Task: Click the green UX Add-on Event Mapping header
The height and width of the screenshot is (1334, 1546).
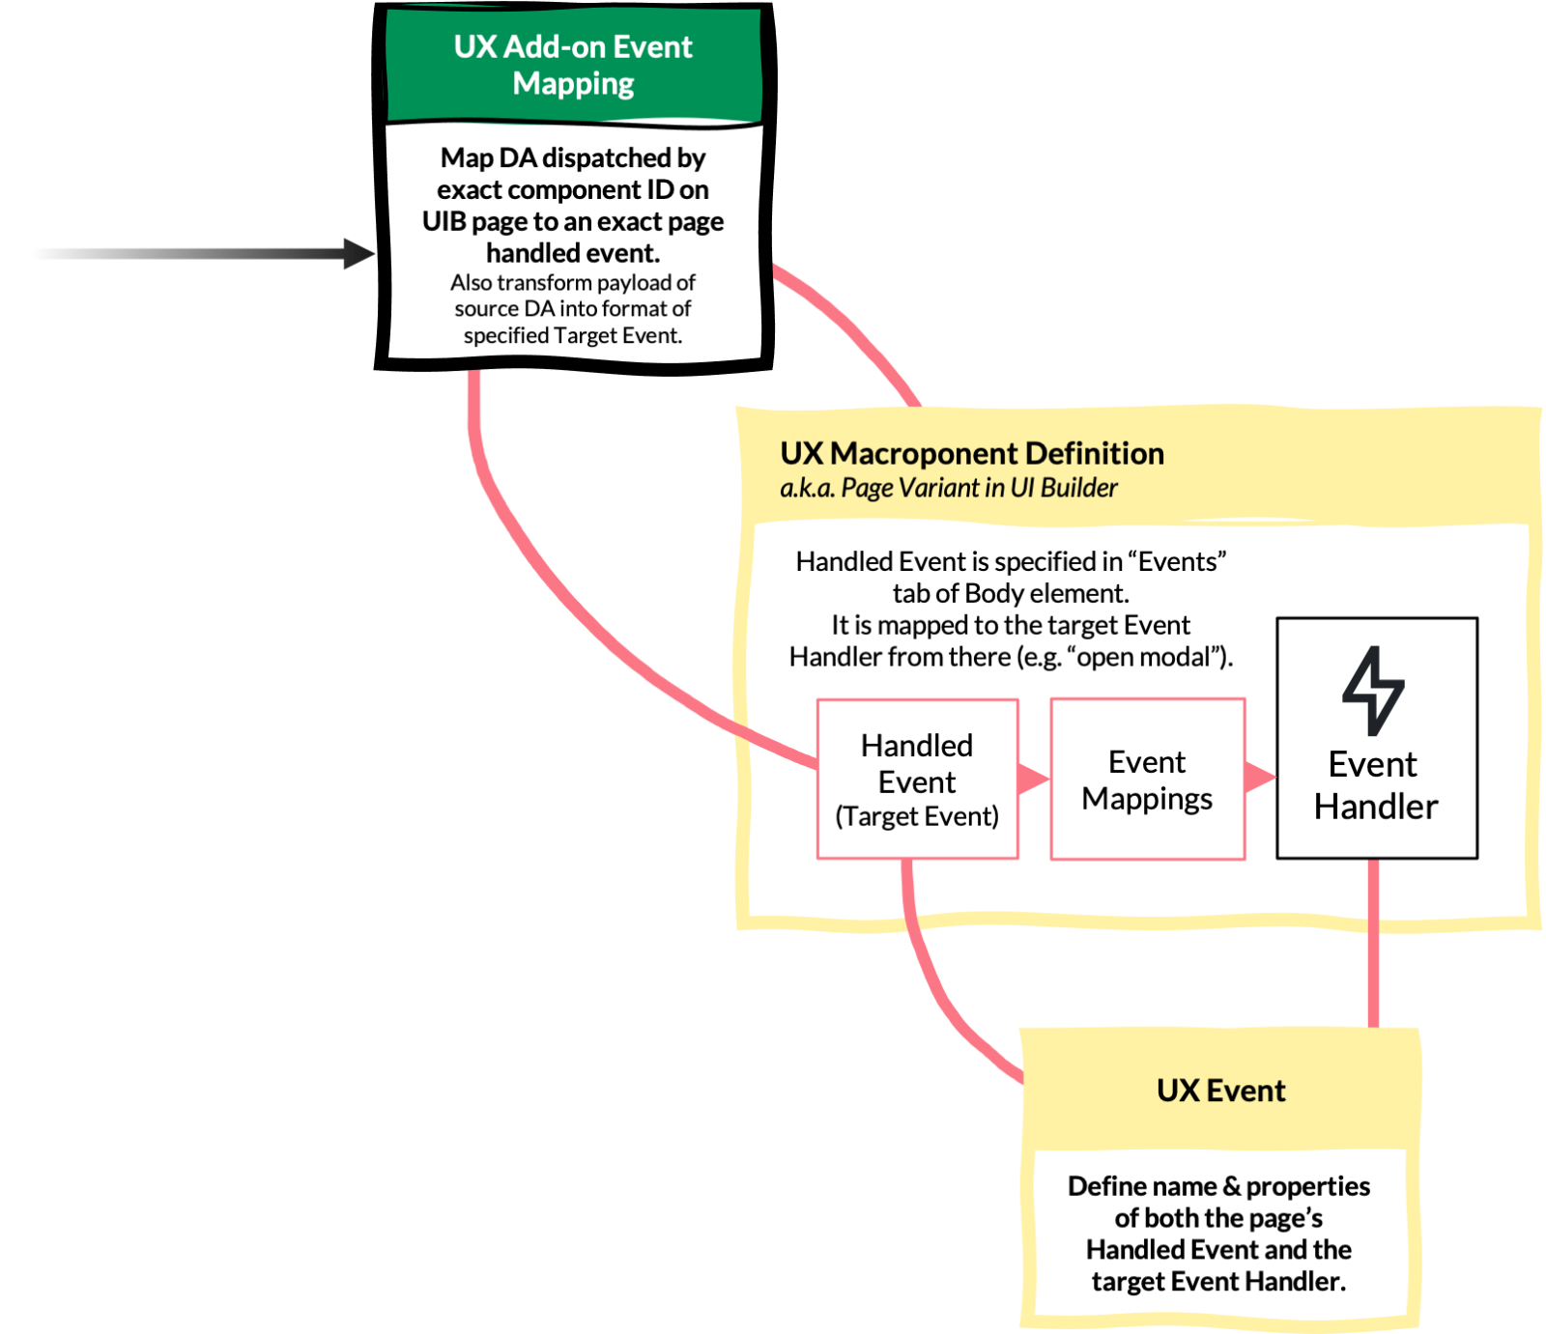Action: click(573, 65)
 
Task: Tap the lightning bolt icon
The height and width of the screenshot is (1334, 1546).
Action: click(1373, 690)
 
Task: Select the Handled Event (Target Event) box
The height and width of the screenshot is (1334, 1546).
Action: click(917, 779)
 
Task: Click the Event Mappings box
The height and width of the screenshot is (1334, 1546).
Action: click(1147, 779)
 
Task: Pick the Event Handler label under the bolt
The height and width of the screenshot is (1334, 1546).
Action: click(1375, 785)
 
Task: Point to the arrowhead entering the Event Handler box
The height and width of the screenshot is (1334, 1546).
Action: click(1258, 777)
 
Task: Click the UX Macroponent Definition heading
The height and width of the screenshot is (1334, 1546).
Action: click(971, 453)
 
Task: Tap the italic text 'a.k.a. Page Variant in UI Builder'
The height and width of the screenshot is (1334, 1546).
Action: click(948, 488)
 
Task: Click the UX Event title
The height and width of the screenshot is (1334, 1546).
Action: click(1220, 1091)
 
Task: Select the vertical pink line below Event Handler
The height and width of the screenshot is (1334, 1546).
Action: click(1373, 942)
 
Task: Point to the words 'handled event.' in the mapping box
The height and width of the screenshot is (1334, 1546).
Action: click(573, 253)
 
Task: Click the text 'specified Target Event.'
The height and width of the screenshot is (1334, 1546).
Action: click(573, 335)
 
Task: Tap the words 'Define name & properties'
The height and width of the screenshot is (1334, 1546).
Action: click(1218, 1186)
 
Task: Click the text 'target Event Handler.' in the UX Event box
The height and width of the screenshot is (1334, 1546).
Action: click(1218, 1282)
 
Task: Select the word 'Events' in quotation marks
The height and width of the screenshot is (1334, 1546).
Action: click(1177, 561)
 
